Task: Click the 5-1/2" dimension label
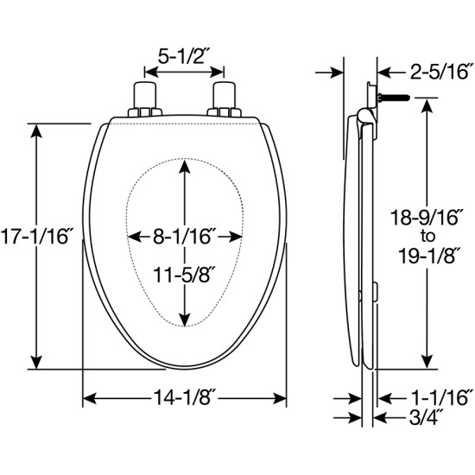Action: click(x=184, y=56)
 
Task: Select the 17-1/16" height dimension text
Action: click(x=36, y=236)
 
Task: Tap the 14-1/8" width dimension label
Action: click(x=185, y=397)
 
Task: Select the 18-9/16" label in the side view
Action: click(x=427, y=217)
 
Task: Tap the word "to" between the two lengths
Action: click(x=427, y=237)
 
